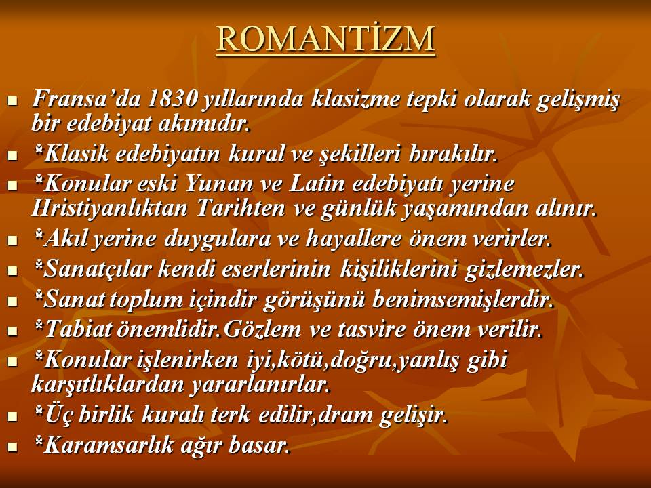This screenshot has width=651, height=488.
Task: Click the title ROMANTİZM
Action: (x=325, y=39)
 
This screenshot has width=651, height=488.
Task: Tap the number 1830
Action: (x=172, y=99)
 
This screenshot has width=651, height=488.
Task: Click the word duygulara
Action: (x=218, y=240)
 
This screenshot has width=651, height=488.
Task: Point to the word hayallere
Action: (x=353, y=239)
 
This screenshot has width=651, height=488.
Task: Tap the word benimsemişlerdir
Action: (x=462, y=300)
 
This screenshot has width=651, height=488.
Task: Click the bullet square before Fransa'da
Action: (x=14, y=101)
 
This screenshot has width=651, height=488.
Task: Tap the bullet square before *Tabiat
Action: (x=14, y=331)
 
